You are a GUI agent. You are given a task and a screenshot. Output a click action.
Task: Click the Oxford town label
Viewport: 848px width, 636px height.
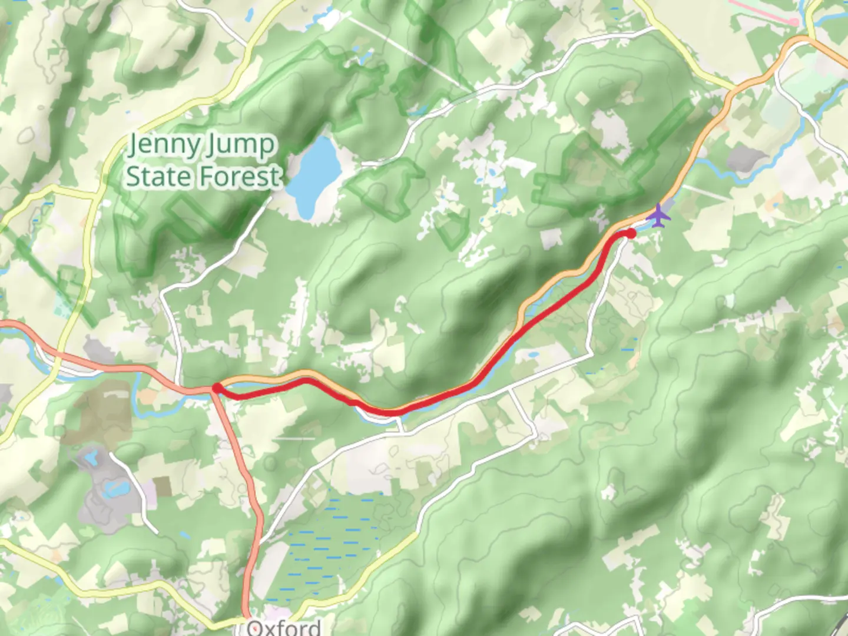284,627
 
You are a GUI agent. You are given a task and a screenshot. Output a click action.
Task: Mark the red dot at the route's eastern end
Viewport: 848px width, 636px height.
631,234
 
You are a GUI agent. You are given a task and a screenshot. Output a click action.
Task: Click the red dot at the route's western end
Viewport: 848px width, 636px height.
216,387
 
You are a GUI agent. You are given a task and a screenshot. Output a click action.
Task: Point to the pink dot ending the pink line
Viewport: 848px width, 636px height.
795,22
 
